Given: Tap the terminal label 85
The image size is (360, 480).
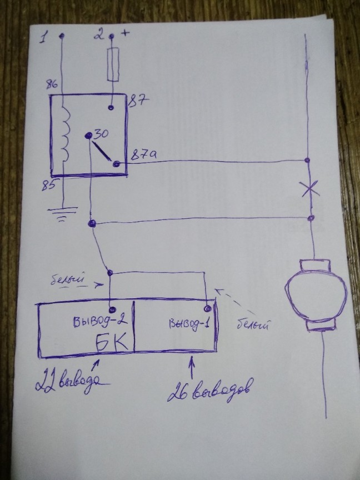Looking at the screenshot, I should pos(48,185).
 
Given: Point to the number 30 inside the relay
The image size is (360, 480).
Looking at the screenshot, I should pos(101,134).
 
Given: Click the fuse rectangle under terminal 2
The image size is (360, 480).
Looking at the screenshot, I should pos(113,64).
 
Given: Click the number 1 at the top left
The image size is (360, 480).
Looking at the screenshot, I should pos(43,38).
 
